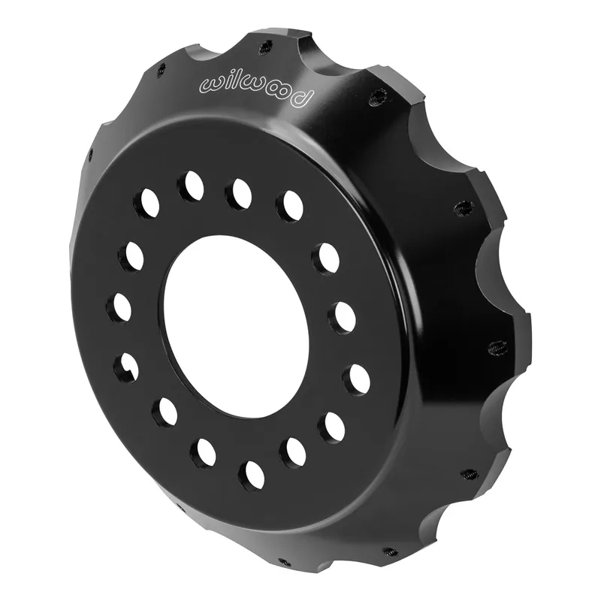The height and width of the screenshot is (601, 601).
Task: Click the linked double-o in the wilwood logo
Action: tap(275, 92)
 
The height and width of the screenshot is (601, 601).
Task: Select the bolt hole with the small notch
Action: tap(125, 366)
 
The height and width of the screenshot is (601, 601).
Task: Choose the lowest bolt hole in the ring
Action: tap(252, 476)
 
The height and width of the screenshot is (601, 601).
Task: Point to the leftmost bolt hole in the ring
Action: tap(119, 307)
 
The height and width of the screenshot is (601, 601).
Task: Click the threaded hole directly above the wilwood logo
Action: tap(264, 48)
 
